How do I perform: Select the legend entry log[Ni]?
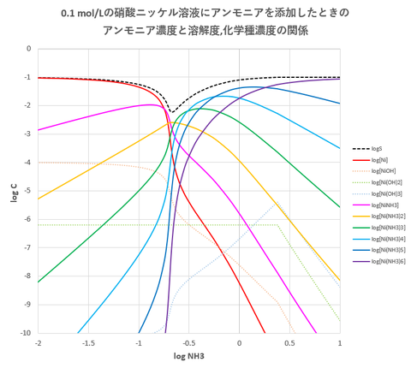tap(378, 160)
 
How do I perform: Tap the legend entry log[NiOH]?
tap(381, 171)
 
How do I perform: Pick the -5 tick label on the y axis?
tap(29, 191)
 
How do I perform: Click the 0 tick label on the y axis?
tap(31, 49)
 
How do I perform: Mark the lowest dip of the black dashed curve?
tap(171, 112)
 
